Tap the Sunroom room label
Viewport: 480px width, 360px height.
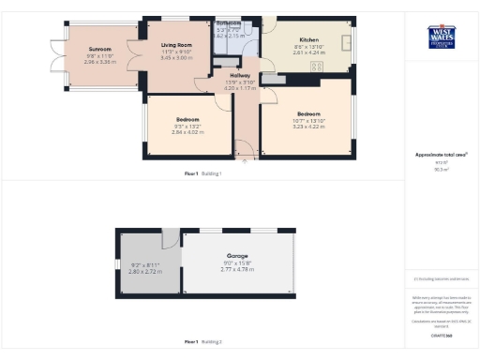click(99, 49)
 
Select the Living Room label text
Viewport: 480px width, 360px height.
click(176, 44)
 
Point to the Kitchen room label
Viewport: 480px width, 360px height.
click(308, 40)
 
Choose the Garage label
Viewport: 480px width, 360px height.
click(237, 255)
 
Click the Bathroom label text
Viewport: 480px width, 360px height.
click(229, 22)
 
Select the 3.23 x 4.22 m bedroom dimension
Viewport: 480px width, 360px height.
click(308, 127)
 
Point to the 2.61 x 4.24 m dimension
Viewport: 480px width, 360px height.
click(308, 53)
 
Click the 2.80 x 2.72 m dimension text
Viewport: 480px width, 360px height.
click(145, 271)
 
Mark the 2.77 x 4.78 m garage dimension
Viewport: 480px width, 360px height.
click(237, 269)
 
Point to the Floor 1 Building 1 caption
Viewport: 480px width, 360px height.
click(203, 173)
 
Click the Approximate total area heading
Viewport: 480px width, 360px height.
click(441, 154)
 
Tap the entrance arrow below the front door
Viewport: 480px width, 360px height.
click(247, 160)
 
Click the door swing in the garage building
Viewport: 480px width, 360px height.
click(170, 239)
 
